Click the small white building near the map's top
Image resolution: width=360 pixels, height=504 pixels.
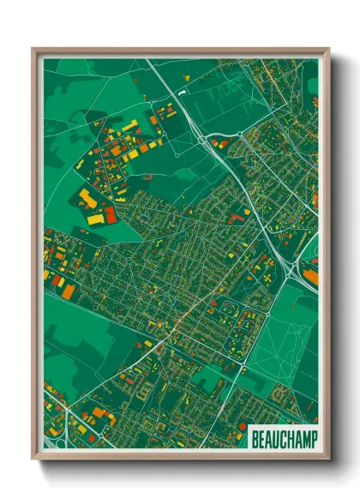[183, 88]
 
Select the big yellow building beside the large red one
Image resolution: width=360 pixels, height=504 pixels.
[88, 200]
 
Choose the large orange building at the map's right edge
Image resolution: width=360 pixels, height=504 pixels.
[311, 276]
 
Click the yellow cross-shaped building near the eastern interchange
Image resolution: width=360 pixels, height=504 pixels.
[270, 279]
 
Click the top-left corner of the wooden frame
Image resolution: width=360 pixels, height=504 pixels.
[33, 49]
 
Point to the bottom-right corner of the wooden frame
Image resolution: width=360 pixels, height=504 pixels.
[329, 459]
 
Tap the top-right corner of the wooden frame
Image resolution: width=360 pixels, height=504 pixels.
[329, 49]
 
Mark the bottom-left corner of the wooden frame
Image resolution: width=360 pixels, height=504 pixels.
[33, 459]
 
